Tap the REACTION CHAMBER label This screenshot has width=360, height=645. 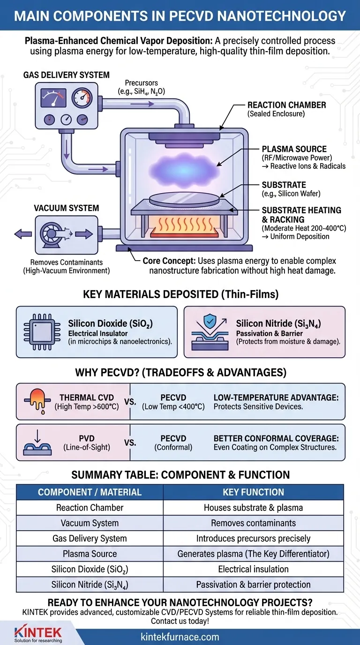pyautogui.click(x=286, y=105)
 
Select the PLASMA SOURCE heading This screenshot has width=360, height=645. pyautogui.click(x=294, y=149)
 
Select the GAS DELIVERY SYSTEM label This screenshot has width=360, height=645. pyautogui.click(x=67, y=75)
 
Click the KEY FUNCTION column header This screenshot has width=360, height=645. pyautogui.click(x=254, y=492)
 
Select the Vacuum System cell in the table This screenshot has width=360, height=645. pyautogui.click(x=90, y=523)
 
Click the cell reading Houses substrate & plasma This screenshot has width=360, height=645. pyautogui.click(x=254, y=508)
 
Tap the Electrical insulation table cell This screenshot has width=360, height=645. pyautogui.click(x=254, y=569)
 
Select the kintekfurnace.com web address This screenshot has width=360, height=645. pyautogui.click(x=180, y=637)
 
